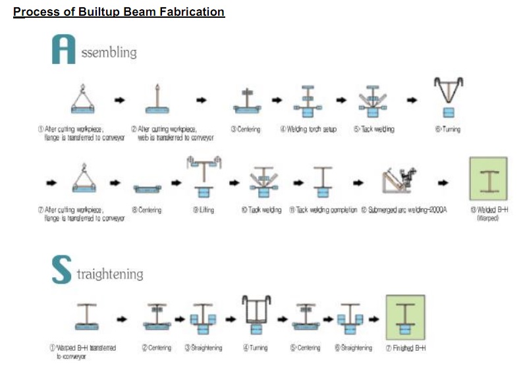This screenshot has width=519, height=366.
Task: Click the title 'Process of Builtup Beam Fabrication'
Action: tap(119, 12)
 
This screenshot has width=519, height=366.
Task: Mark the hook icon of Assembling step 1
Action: tap(83, 88)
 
